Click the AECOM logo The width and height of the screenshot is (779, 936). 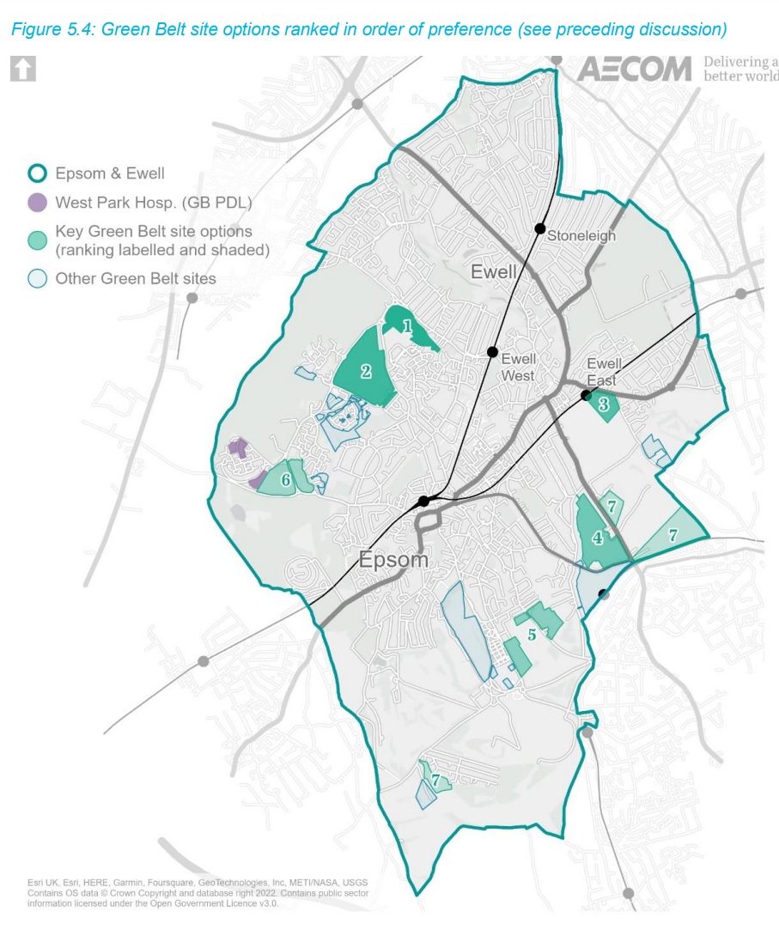point(633,69)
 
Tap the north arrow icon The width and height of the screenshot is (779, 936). point(22,69)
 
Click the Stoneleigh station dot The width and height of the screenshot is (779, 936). point(540,228)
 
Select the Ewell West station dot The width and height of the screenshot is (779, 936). point(493,351)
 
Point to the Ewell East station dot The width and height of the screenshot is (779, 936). point(586,395)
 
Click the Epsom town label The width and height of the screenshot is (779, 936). point(393,560)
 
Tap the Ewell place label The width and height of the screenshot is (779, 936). point(494,272)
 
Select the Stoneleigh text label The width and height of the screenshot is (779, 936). point(581,235)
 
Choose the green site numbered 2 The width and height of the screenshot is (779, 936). point(366,372)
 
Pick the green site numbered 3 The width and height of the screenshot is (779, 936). point(604,404)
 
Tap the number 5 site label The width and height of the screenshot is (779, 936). point(533,635)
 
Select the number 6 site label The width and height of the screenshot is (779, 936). point(285,483)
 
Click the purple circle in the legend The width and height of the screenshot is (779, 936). point(37,204)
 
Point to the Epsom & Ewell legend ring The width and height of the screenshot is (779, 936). point(37,173)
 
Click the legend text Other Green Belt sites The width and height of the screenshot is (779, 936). point(136,278)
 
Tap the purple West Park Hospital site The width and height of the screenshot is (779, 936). point(237,447)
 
